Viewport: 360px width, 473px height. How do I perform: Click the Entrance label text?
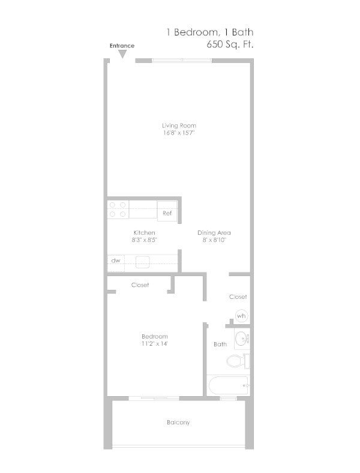click(121, 46)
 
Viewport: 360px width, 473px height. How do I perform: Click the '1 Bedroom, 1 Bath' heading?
click(214, 31)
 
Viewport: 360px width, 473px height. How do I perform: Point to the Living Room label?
click(179, 125)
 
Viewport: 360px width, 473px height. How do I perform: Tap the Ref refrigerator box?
click(167, 212)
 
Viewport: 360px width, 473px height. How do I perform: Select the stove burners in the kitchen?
click(118, 209)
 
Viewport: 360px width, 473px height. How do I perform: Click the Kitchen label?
click(144, 233)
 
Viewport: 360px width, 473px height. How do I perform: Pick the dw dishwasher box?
click(115, 261)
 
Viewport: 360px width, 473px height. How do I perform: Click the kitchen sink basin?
click(143, 262)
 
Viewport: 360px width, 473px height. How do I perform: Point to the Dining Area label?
click(214, 233)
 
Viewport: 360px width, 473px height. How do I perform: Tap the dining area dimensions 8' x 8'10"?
click(214, 240)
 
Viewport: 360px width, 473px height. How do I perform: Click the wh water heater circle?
click(241, 316)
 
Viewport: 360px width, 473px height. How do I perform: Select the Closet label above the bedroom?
click(140, 285)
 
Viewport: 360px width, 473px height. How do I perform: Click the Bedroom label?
click(154, 336)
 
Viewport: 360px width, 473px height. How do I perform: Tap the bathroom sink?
click(242, 339)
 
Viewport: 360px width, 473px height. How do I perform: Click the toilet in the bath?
click(237, 361)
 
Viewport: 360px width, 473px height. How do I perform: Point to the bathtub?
click(229, 385)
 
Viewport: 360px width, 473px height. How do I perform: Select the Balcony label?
click(178, 423)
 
